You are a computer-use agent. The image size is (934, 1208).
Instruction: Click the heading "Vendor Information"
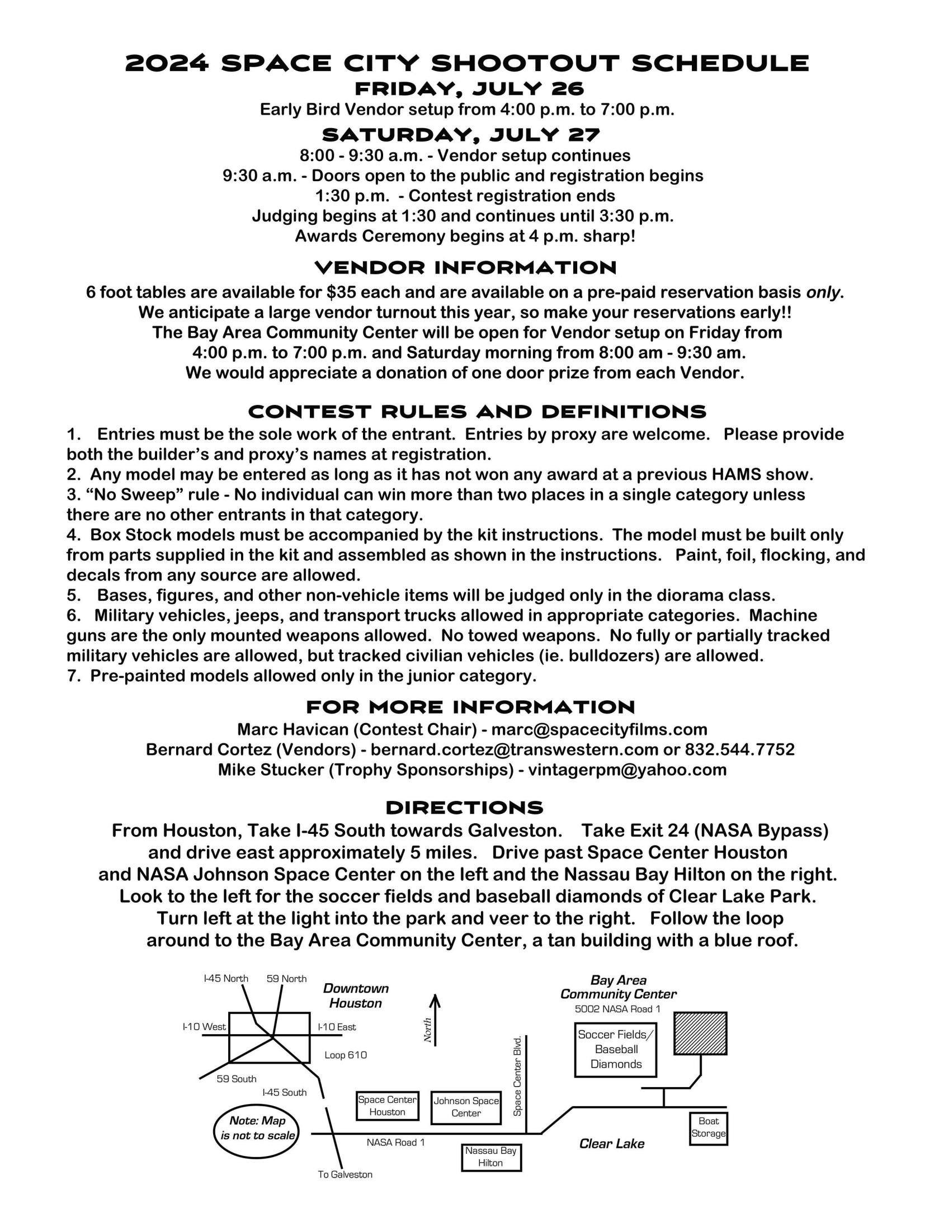click(x=466, y=267)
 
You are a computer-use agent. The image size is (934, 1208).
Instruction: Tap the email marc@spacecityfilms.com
click(x=600, y=729)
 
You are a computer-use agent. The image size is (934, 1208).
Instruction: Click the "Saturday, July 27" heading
click(x=461, y=135)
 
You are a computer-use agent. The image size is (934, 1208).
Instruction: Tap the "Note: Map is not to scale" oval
click(x=257, y=1128)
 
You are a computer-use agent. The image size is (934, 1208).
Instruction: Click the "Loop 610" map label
click(x=346, y=1055)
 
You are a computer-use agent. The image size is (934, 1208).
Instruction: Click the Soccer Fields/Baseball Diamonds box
click(x=615, y=1050)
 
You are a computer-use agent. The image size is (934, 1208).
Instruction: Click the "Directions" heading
click(x=464, y=808)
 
